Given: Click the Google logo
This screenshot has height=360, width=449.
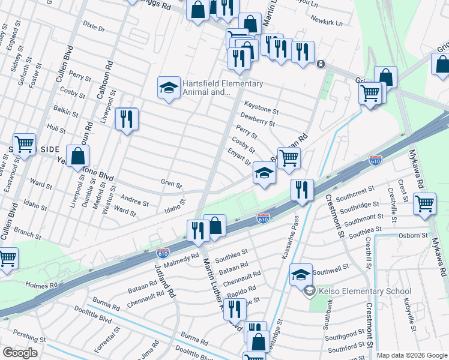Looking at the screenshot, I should [20, 353].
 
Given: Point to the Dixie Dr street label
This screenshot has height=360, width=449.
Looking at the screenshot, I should [94, 28].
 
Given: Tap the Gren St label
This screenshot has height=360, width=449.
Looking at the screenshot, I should [171, 182].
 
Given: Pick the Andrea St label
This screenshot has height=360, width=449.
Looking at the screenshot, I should [134, 199].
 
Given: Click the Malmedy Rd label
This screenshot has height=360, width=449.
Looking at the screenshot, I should [181, 260].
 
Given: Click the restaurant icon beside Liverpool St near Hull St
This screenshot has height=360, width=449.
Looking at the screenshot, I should [127, 119].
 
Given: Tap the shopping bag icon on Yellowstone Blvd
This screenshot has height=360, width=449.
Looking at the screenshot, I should [78, 156].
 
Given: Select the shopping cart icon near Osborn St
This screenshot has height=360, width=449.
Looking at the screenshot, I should [424, 203].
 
